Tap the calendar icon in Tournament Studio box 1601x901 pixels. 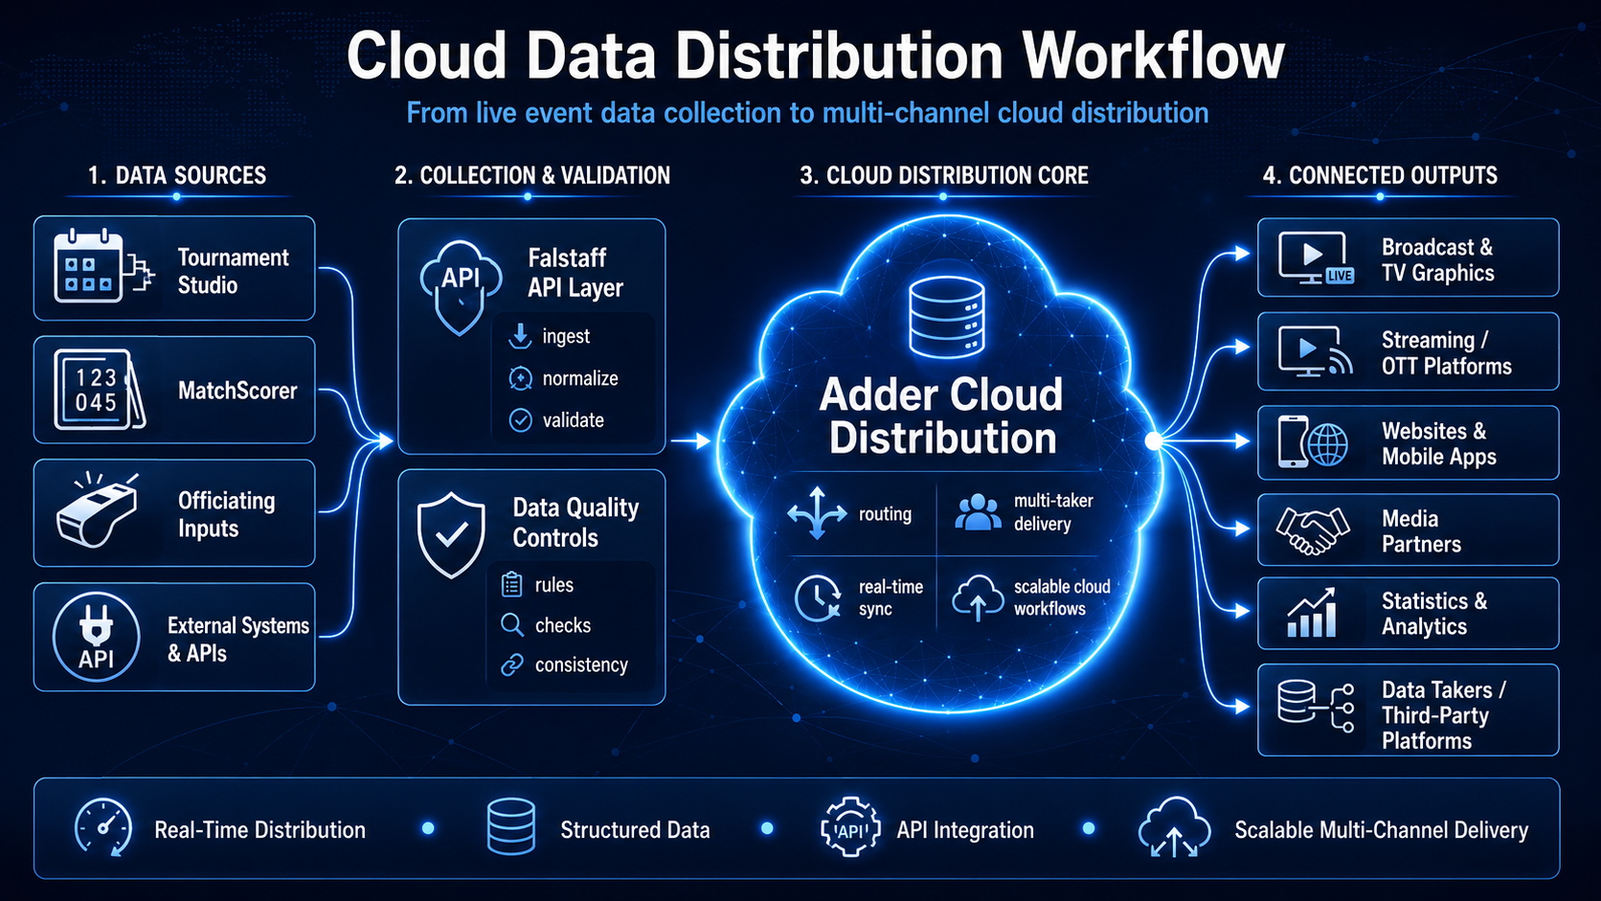(88, 266)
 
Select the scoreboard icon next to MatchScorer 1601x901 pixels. (99, 390)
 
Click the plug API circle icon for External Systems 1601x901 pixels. (96, 636)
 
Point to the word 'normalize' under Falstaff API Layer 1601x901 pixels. (579, 378)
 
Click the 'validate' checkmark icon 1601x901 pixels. (520, 420)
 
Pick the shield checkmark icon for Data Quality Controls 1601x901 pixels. (451, 534)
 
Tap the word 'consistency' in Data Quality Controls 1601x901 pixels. (581, 664)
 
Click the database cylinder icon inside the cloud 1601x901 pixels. (946, 317)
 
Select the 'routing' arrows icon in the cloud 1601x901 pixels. (817, 513)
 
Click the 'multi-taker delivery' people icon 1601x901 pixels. (978, 512)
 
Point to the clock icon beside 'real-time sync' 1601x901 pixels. (818, 597)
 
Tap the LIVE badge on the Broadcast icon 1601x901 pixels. (1340, 276)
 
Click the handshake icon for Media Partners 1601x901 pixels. (1312, 530)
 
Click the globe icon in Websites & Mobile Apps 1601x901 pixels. (1328, 444)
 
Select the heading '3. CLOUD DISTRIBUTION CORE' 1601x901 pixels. (943, 175)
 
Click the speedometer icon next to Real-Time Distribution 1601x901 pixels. (103, 826)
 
